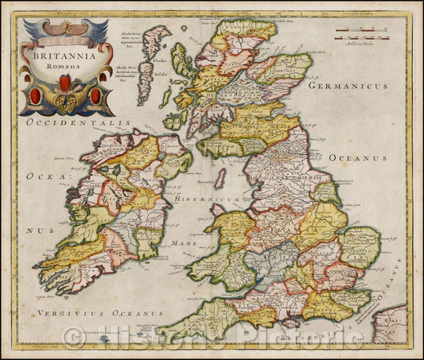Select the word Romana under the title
(x=69, y=69)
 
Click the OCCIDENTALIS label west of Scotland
(x=76, y=124)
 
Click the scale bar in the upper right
(x=365, y=36)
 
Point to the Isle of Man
(x=220, y=178)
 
